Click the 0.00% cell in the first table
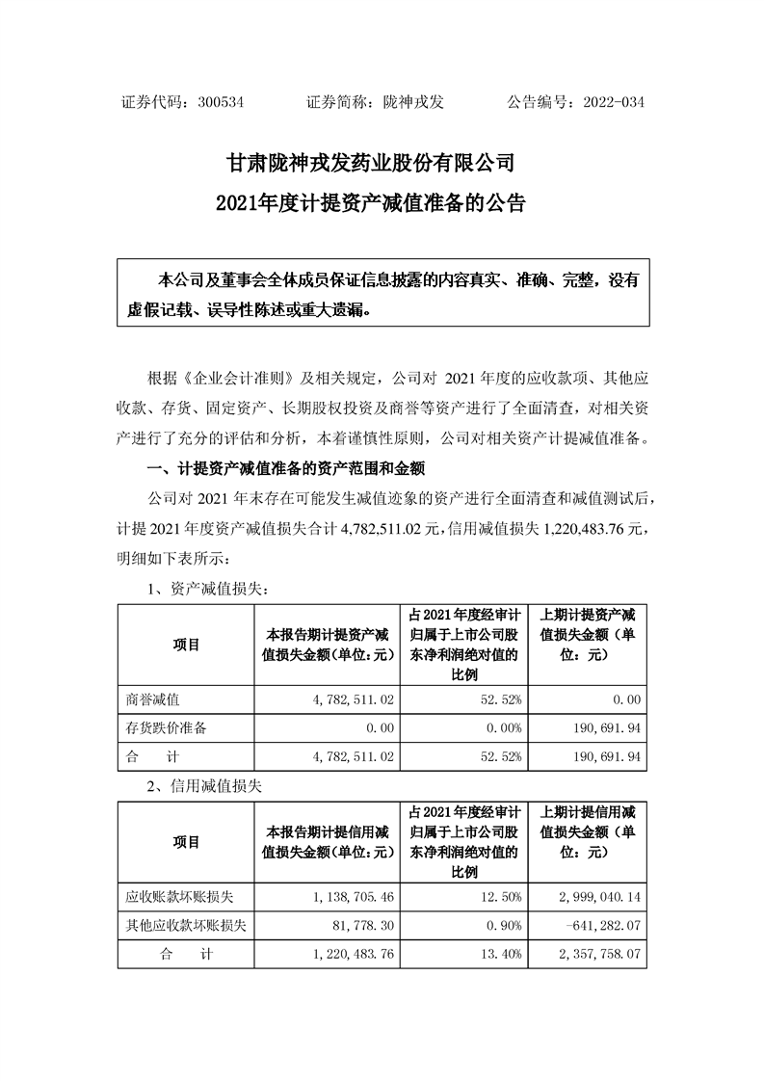pos(504,727)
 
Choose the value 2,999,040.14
pos(594,897)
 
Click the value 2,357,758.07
pos(594,955)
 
